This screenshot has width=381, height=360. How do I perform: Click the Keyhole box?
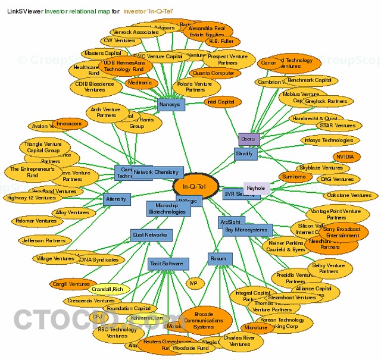coord(256,187)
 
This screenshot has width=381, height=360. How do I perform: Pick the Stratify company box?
coord(245,154)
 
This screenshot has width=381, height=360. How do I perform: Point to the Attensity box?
coord(116,199)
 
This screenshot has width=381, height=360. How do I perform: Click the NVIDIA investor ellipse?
coord(347,157)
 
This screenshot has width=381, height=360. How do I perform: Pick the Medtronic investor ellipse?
coord(140,83)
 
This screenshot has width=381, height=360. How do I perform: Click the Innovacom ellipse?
coord(68,124)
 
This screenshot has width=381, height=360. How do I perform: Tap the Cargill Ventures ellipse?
coord(73,284)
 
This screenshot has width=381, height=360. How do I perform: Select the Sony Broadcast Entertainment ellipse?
coord(343,232)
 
